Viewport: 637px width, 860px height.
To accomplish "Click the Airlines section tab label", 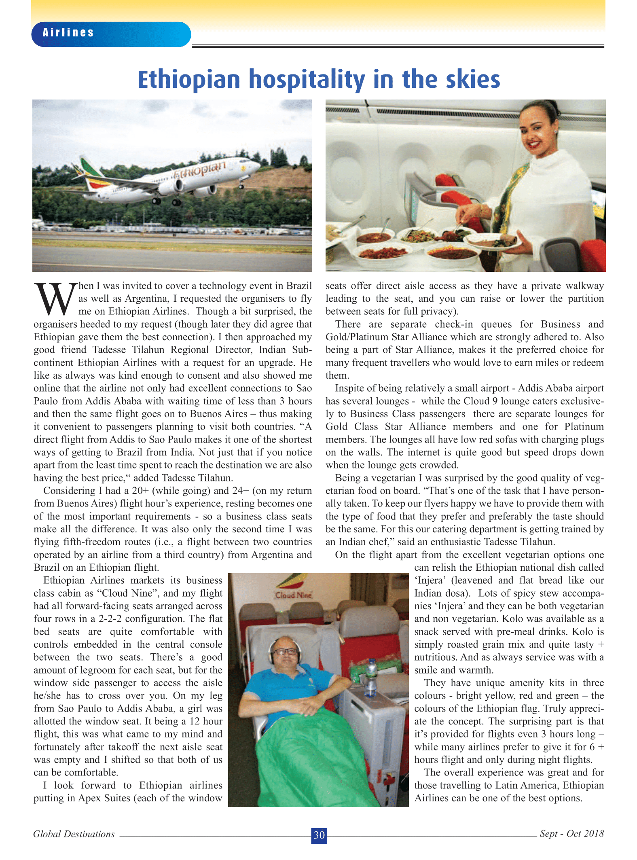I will [68, 33].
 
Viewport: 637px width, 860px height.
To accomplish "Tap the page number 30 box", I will [319, 835].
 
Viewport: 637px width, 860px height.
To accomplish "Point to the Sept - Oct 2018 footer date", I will [571, 833].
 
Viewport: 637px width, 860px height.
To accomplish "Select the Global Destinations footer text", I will [74, 834].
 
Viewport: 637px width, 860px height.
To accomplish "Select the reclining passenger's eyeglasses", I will [285, 651].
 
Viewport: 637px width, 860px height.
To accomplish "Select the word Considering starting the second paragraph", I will [69, 491].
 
